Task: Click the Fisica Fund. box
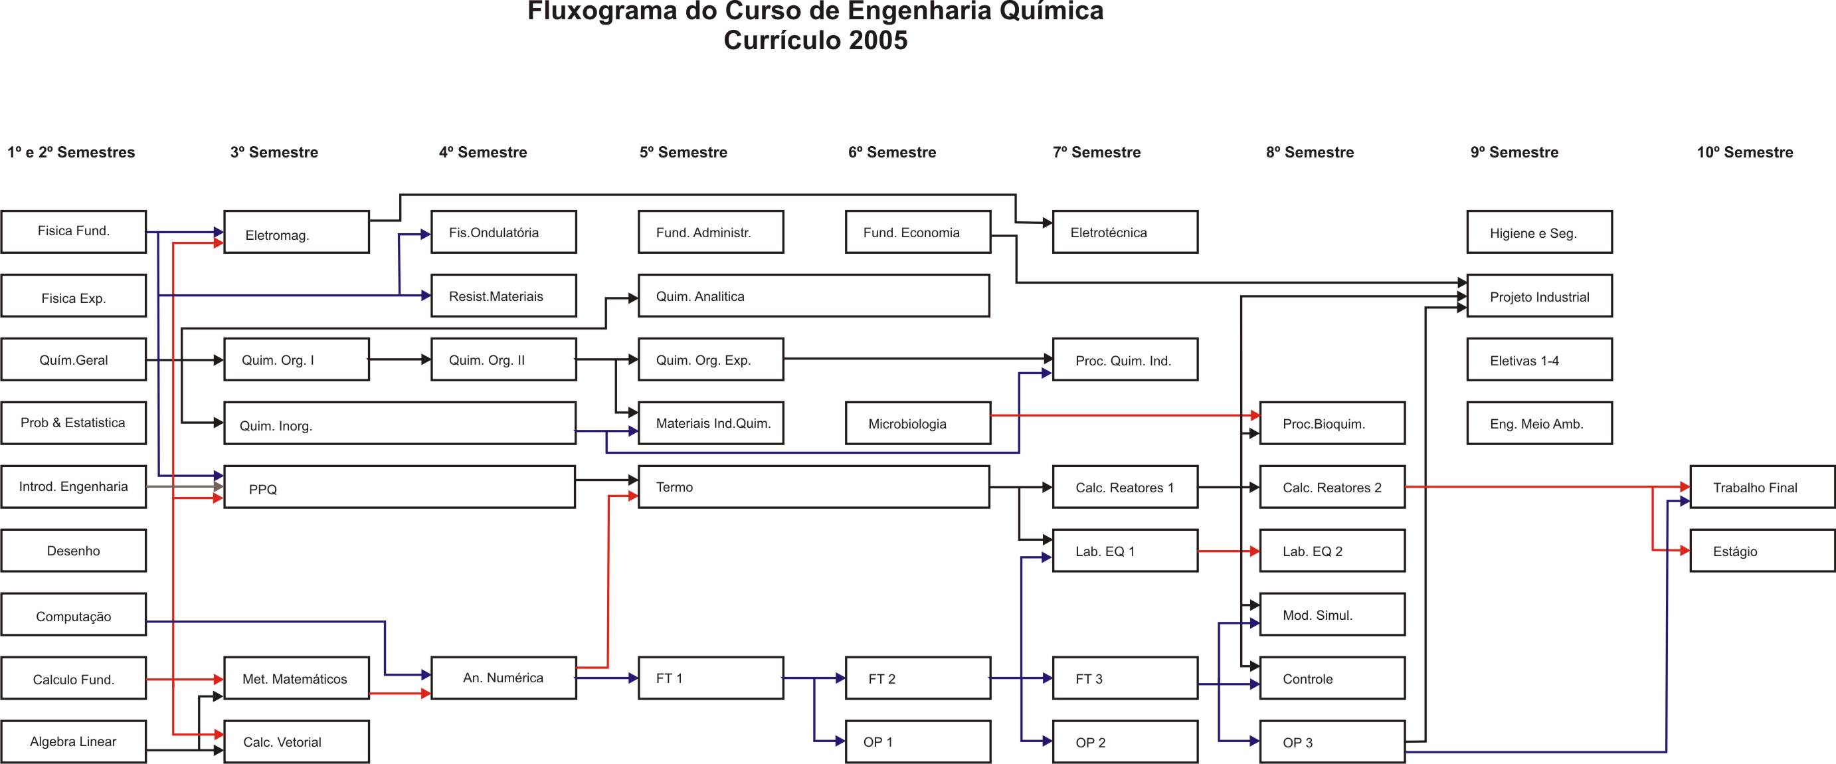[74, 232]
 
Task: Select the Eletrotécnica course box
[1125, 232]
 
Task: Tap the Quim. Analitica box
[814, 296]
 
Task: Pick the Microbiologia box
[918, 423]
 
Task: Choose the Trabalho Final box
[1762, 487]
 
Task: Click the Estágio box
[1762, 550]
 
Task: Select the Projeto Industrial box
[1540, 296]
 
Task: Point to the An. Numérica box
[504, 678]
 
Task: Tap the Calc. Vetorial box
[296, 742]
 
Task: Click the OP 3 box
[1332, 742]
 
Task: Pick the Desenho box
[74, 550]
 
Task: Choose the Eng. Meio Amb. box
[1540, 423]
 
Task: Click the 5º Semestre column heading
[684, 151]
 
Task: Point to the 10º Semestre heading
[1745, 151]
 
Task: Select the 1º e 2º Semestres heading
[71, 151]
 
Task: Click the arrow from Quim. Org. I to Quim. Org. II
[401, 360]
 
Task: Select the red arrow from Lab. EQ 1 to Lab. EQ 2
[1230, 551]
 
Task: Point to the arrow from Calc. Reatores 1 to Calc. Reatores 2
[1230, 488]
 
